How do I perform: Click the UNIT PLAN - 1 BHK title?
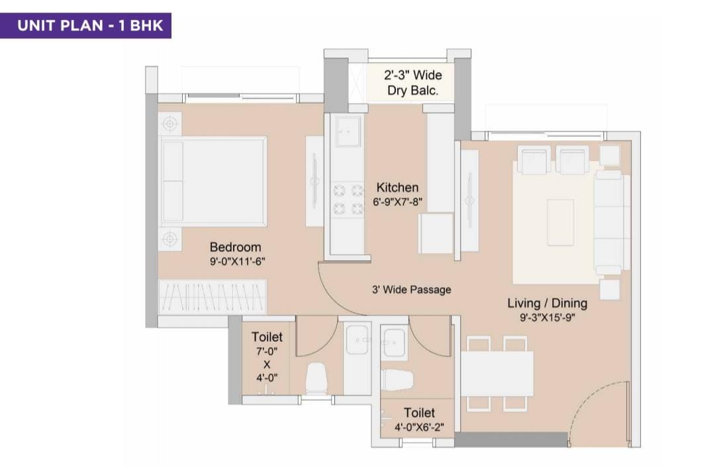coord(90,25)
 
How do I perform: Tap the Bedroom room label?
coord(235,247)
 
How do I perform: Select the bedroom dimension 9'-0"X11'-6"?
coord(238,261)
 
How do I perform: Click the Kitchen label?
coord(397,187)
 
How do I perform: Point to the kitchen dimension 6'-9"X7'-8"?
coord(398,201)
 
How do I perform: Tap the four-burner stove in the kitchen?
coord(348,198)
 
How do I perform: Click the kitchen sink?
coord(348,131)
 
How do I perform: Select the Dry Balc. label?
coord(412,90)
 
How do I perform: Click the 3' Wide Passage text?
coord(411,290)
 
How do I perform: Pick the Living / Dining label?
coord(548,303)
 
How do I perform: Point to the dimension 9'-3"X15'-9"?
coord(548,317)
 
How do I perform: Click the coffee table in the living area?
coord(561,222)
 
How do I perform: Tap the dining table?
coord(497,374)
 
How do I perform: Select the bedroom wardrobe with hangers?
coord(212,297)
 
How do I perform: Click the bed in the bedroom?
coord(213,181)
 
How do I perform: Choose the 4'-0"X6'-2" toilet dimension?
coord(419,427)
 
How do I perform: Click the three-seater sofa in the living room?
coord(609,222)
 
